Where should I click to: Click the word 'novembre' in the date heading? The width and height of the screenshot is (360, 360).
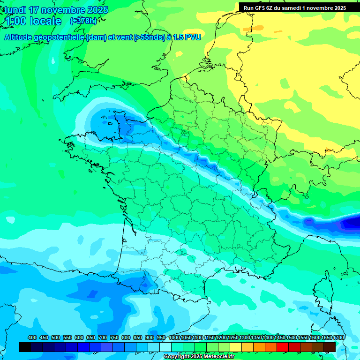pos(67,10)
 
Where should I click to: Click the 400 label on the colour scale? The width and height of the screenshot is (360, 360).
pos(32,338)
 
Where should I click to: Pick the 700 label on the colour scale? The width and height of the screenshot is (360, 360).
pos(103,338)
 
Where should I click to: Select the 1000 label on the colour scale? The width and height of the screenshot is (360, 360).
pos(174,338)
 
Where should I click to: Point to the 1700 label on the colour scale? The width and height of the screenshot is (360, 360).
pos(339,338)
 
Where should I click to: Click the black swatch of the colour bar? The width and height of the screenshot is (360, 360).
pos(25,347)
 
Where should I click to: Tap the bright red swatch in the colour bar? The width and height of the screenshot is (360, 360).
pos(283,347)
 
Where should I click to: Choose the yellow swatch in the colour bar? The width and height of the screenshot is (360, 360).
pos(236,347)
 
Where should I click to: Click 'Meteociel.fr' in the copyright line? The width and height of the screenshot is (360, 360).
pos(218,357)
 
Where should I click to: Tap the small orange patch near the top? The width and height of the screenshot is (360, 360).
pos(247,29)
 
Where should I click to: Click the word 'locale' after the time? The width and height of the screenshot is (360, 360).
pos(46,21)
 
